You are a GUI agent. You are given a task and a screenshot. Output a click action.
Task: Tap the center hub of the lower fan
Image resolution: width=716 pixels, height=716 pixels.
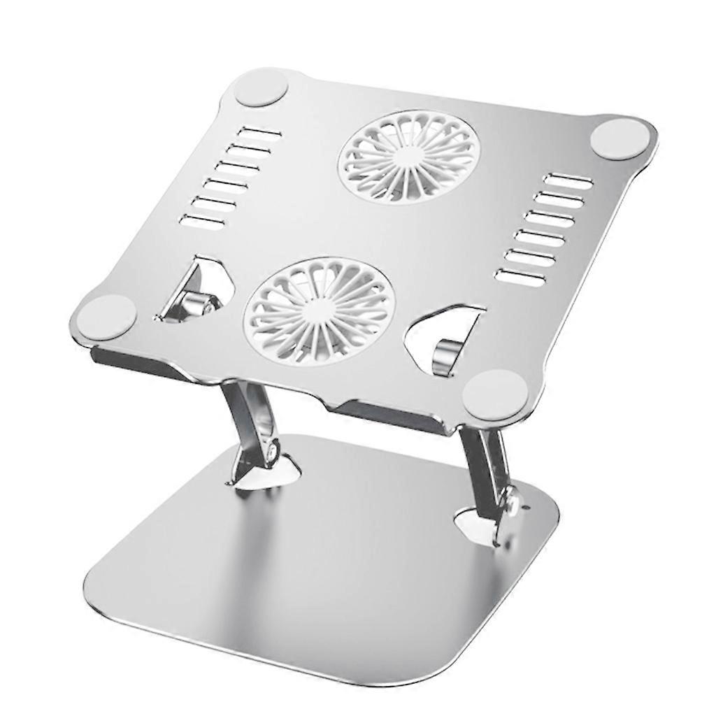coord(318,309)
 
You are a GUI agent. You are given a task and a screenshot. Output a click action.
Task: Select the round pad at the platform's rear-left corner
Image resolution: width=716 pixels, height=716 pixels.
coord(261,88)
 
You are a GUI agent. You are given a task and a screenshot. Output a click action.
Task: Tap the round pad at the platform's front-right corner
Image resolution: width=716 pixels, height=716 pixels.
coord(495,394)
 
